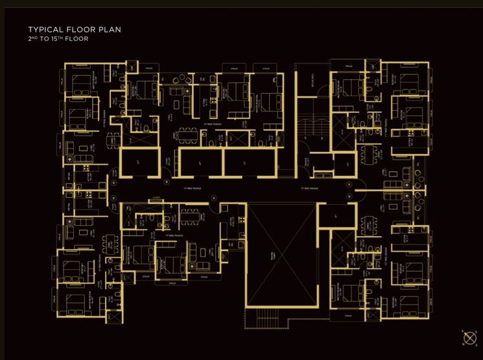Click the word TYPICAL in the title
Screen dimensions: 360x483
click(47, 30)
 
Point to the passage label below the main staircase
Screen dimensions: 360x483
click(309, 189)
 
